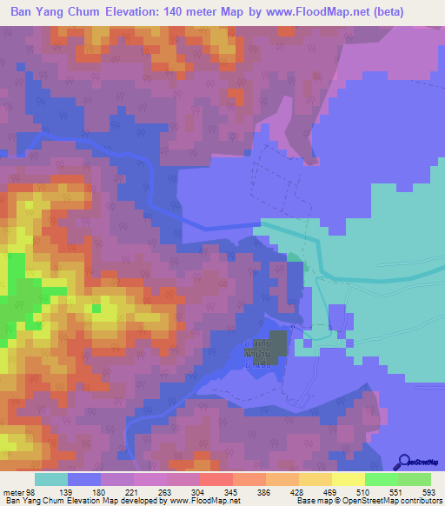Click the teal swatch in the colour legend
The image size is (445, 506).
click(51, 480)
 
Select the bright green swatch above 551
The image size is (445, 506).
click(381, 480)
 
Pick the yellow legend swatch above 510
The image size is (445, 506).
click(348, 480)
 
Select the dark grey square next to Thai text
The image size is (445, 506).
click(277, 341)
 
